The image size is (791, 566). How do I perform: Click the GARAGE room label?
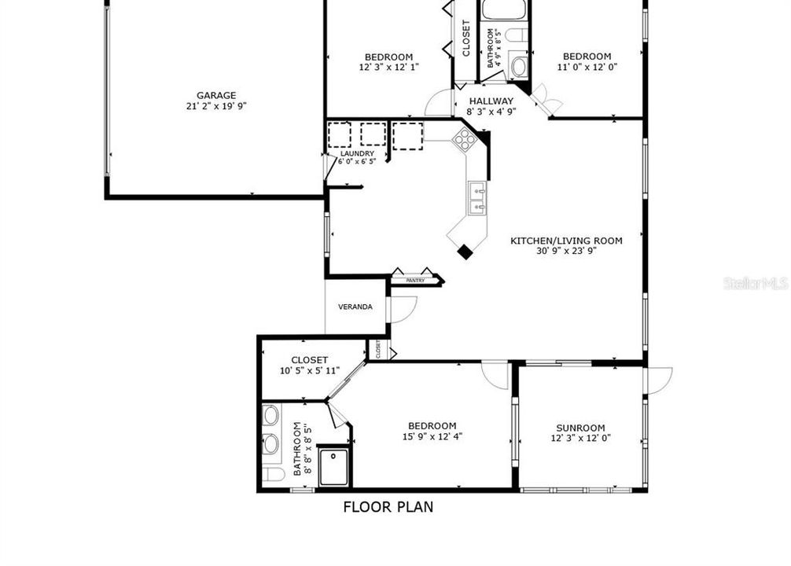point(216,96)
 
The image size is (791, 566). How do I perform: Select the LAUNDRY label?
point(357,153)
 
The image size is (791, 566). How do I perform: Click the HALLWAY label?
point(491,101)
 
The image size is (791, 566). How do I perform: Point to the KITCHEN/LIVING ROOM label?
point(566,241)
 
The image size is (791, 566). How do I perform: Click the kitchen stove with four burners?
point(465,140)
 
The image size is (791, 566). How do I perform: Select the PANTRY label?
point(415,280)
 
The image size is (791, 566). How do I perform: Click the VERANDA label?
point(355,307)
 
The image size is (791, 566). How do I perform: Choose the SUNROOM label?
point(581,428)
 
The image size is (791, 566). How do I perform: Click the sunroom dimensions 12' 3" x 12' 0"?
point(581,438)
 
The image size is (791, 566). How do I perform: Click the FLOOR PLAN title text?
point(388,507)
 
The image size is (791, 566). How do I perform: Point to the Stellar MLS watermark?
point(755,283)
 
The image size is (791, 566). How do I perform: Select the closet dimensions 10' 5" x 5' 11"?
point(310,370)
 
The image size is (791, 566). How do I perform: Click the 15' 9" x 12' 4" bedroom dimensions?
point(432,436)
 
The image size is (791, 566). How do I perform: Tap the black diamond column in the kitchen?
point(465,252)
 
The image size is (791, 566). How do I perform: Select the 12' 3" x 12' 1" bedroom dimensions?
point(389,67)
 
